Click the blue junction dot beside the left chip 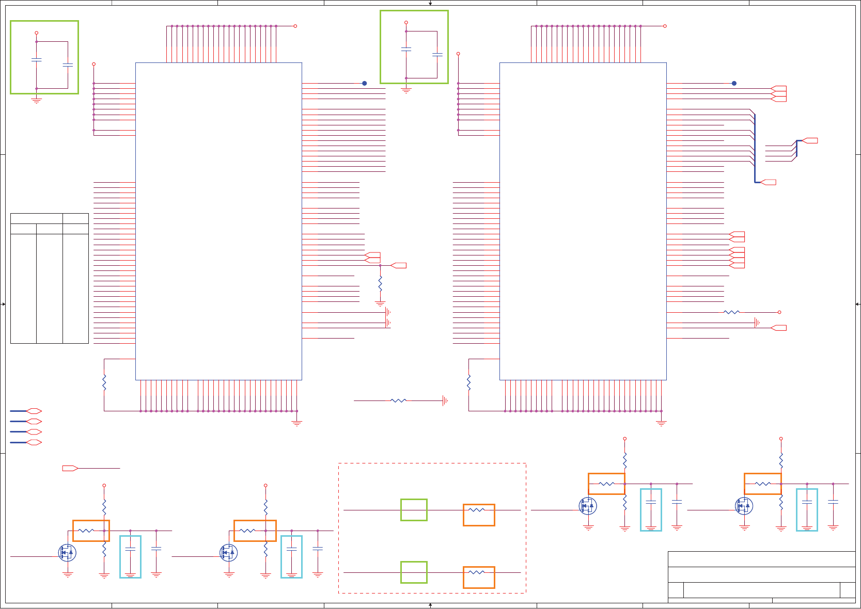(364, 83)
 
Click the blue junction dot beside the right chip (734, 83)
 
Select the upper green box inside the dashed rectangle (414, 510)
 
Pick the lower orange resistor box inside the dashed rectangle (479, 578)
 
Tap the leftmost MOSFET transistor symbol (67, 553)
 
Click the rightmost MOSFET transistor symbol (744, 506)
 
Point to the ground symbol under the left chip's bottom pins (296, 423)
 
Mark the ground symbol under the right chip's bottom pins (661, 423)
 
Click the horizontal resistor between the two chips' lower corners (398, 400)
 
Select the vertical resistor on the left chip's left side (104, 382)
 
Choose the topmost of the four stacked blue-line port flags (34, 411)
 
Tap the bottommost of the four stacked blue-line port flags (34, 442)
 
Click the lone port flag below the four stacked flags (70, 468)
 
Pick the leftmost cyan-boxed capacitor (130, 557)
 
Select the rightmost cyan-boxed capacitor (807, 510)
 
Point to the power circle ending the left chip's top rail (295, 26)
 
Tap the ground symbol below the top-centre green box (406, 90)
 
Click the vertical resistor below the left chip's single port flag (380, 283)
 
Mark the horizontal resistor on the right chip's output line (731, 312)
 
